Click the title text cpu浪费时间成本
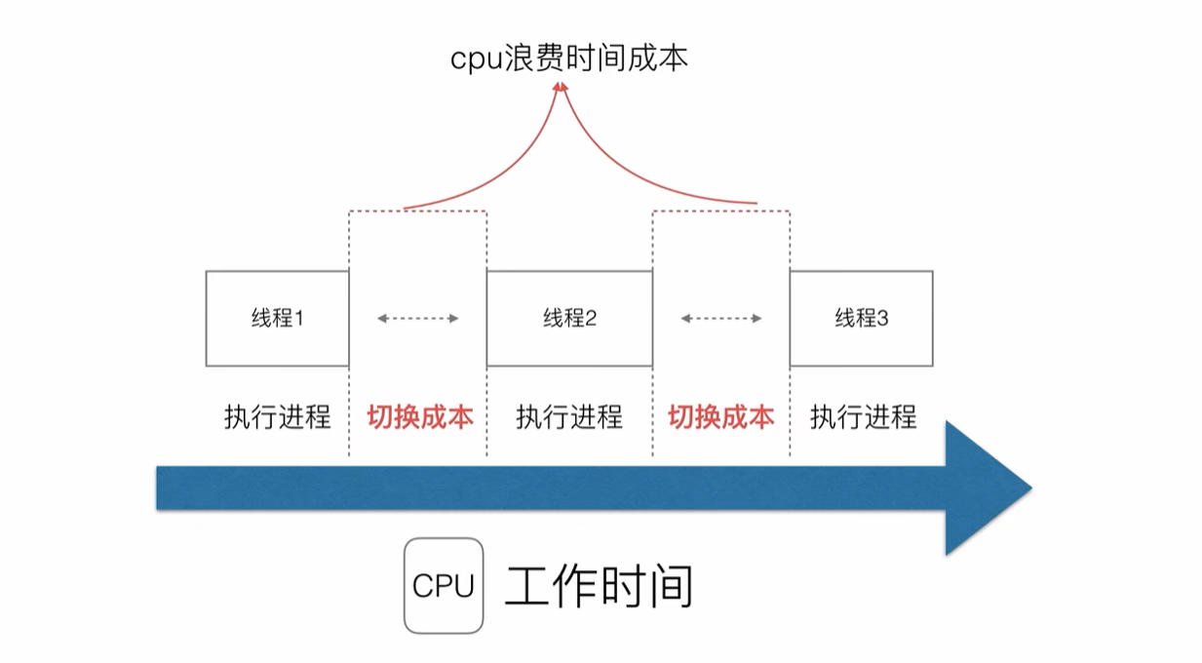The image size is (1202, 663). pyautogui.click(x=568, y=58)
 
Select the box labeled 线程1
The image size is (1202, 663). pyautogui.click(x=277, y=319)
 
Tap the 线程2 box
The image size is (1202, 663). pyautogui.click(x=569, y=319)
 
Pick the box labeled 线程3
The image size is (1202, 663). pyautogui.click(x=861, y=319)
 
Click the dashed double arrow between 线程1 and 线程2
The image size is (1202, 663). pyautogui.click(x=417, y=318)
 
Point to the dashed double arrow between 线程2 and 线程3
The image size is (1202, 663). pyautogui.click(x=720, y=318)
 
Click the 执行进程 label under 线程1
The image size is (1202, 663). pyautogui.click(x=277, y=417)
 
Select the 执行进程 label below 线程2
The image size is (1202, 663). pyautogui.click(x=569, y=417)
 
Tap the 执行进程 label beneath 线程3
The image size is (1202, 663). pyautogui.click(x=863, y=417)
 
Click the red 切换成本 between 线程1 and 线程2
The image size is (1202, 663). pyautogui.click(x=420, y=417)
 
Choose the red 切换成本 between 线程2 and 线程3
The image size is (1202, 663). pyautogui.click(x=720, y=417)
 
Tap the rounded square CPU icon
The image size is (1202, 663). pyautogui.click(x=444, y=586)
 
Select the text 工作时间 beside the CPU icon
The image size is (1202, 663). pyautogui.click(x=599, y=587)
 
